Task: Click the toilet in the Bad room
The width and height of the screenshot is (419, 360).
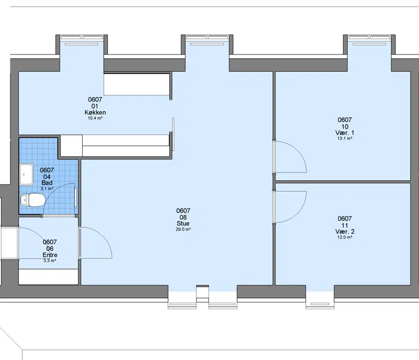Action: [32, 200]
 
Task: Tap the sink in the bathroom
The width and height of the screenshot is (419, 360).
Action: [27, 174]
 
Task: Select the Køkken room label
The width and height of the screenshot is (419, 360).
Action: [95, 113]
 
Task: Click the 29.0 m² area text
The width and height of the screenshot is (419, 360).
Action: [183, 230]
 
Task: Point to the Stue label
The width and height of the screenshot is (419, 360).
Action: [183, 223]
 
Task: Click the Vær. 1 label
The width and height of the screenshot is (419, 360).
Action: [345, 133]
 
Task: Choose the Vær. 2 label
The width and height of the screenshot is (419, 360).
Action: [345, 232]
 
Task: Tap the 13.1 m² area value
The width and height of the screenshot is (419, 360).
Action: [345, 138]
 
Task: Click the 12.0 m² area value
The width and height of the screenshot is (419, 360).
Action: [345, 237]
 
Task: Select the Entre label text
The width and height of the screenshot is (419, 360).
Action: [50, 255]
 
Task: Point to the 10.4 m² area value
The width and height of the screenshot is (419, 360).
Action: [95, 118]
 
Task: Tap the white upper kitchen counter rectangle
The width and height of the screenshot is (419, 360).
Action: [137, 84]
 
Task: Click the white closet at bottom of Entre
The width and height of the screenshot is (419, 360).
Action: [48, 277]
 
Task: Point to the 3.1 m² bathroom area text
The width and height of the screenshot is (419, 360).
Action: [47, 189]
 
